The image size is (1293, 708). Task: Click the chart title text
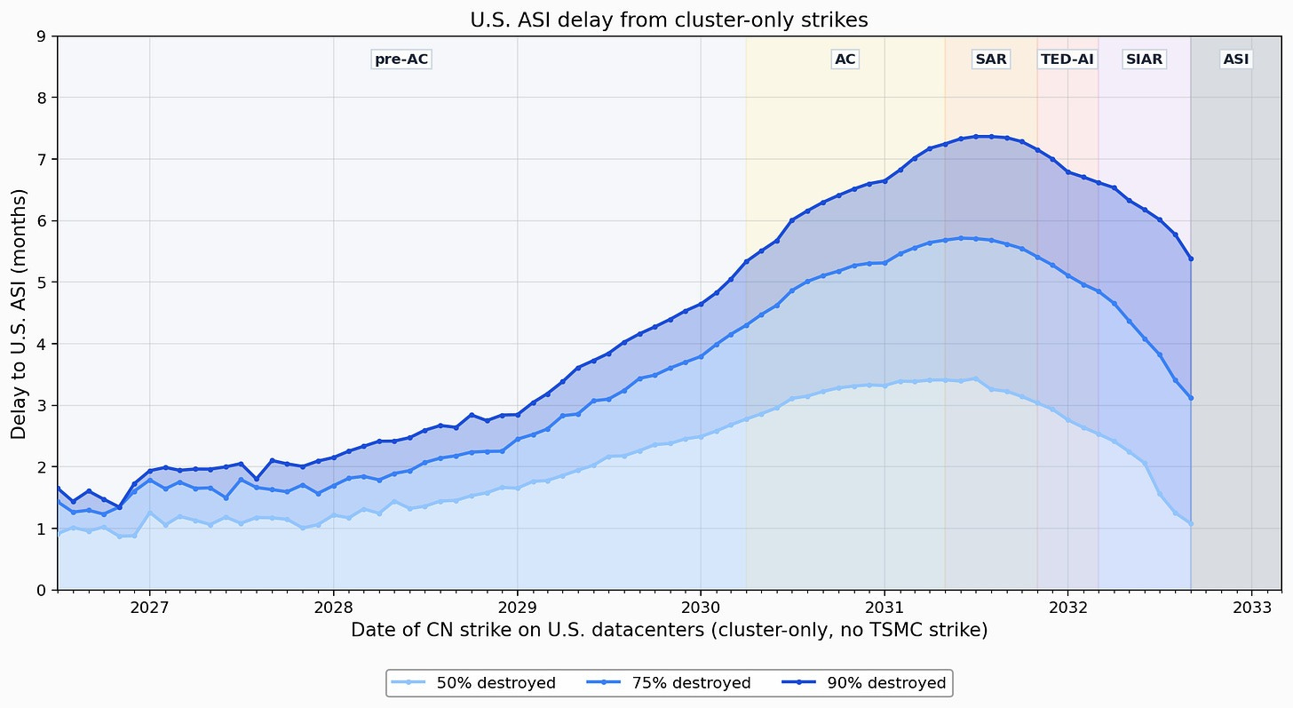tap(669, 20)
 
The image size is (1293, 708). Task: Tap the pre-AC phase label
tap(401, 59)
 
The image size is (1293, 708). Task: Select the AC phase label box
tap(845, 59)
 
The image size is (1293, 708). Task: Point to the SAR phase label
tap(990, 59)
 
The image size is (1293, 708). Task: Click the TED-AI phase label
tap(1067, 59)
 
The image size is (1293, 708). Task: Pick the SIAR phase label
tap(1144, 59)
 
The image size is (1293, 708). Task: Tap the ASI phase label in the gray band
tap(1236, 59)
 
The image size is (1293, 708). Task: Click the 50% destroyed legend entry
tap(473, 682)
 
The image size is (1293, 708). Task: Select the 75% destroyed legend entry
tap(669, 682)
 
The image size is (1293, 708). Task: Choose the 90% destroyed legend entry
tap(864, 682)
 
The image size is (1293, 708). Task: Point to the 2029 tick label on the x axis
tap(517, 608)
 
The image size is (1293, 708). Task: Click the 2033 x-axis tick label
tap(1251, 608)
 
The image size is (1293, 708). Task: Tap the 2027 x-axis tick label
tap(149, 608)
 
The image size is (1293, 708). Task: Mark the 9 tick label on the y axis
tap(41, 36)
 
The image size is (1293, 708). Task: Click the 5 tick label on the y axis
tap(41, 282)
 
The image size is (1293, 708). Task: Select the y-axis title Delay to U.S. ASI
tap(19, 314)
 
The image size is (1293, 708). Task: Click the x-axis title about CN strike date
tap(669, 630)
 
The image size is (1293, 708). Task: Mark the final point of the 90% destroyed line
tap(1191, 259)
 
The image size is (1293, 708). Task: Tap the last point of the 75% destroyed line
tap(1191, 398)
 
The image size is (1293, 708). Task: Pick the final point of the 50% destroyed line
tap(1191, 524)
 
